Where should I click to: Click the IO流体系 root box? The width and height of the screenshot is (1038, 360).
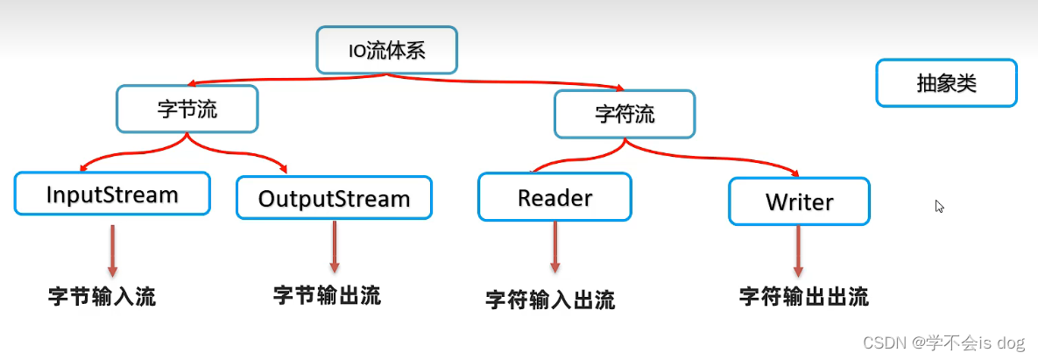tap(386, 50)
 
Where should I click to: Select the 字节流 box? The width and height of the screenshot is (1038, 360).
tap(187, 109)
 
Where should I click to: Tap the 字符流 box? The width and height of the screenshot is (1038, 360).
tap(625, 114)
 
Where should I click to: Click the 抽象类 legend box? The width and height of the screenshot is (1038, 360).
tap(946, 83)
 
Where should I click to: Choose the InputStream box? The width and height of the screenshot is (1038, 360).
tap(112, 194)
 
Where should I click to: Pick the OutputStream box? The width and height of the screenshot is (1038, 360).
tap(334, 198)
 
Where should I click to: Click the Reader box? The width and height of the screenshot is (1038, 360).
tap(554, 197)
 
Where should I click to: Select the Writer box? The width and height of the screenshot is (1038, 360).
tap(799, 201)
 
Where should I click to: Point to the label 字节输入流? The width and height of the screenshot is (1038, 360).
tap(102, 296)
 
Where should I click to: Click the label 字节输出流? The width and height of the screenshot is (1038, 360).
tap(327, 294)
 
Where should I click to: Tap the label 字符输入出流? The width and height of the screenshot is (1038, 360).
tap(550, 300)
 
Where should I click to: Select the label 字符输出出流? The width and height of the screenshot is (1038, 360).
tap(803, 296)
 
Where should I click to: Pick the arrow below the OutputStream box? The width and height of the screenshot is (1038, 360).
tap(334, 247)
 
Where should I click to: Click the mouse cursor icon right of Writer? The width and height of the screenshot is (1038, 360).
tap(939, 207)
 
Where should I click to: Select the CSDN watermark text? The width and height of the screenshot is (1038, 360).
tap(944, 343)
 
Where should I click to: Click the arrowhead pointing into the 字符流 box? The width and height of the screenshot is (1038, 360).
tap(619, 88)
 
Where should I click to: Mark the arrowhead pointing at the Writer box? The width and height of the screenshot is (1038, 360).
tap(794, 173)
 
